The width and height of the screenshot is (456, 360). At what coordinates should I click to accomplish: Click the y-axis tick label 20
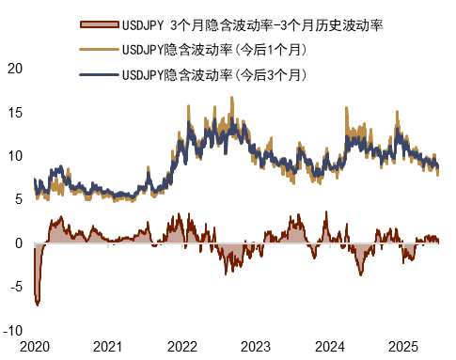pyautogui.click(x=14, y=69)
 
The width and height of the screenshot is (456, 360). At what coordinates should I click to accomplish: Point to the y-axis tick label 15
pyautogui.click(x=14, y=112)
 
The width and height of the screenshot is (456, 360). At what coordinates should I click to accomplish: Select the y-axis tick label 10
pyautogui.click(x=14, y=156)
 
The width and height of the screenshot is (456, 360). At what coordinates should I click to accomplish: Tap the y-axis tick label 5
pyautogui.click(x=18, y=199)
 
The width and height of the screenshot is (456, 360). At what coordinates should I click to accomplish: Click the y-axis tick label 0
pyautogui.click(x=18, y=243)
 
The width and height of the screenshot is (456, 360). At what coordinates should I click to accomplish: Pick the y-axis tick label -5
pyautogui.click(x=15, y=287)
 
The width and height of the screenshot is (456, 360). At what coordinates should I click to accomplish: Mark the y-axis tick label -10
pyautogui.click(x=12, y=331)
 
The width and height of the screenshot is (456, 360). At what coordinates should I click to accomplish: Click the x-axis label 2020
pyautogui.click(x=35, y=347)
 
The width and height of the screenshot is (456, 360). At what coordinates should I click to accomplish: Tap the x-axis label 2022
pyautogui.click(x=183, y=347)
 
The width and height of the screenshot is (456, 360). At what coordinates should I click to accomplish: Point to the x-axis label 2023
pyautogui.click(x=258, y=347)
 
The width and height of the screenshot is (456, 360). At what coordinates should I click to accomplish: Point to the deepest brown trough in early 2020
pyautogui.click(x=38, y=304)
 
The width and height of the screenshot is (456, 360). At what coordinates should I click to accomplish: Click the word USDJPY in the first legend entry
pyautogui.click(x=144, y=23)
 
